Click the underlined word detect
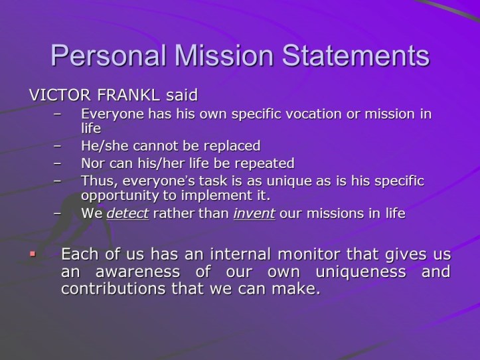(127, 214)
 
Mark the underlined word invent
(254, 214)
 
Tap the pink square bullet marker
(33, 254)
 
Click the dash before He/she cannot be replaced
(58, 145)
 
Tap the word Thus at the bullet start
(95, 181)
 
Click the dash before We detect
(58, 214)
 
